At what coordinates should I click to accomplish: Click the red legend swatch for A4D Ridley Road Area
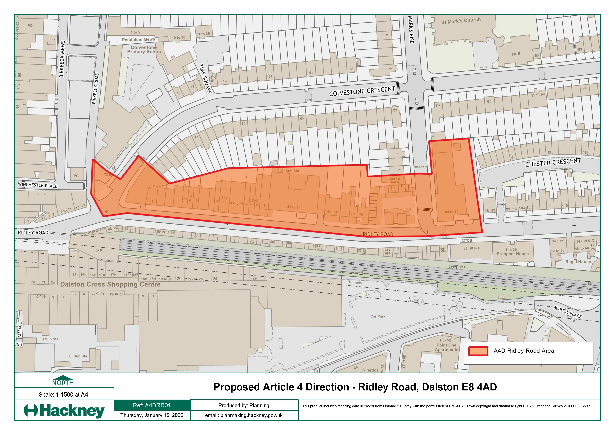(478, 351)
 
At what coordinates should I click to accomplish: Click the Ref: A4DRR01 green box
(152, 405)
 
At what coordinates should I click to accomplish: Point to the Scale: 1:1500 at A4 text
(63, 394)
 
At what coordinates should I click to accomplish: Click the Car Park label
(378, 316)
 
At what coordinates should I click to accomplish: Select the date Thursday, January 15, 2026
(152, 415)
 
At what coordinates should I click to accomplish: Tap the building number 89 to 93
(451, 212)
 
